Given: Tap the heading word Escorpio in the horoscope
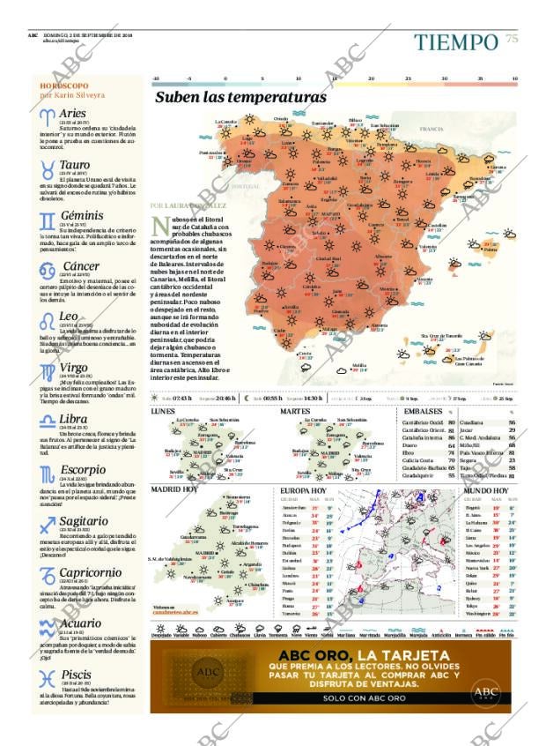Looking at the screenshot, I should coord(84,468).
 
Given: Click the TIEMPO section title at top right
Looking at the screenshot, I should coord(456,41).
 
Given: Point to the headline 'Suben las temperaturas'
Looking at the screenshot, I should coord(240,98).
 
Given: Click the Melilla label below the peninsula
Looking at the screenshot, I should coord(359,364).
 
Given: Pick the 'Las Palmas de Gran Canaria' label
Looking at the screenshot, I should coord(475,361).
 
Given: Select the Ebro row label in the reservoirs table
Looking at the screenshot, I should coord(410,452).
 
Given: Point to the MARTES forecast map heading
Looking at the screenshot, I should coord(295,412).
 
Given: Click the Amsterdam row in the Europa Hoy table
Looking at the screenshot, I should coord(294,509).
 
